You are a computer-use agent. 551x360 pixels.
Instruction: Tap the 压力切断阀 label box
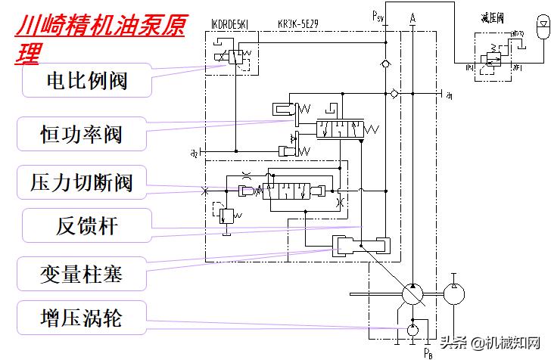[81, 182]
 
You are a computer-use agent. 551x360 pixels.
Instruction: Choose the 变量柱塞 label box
[81, 273]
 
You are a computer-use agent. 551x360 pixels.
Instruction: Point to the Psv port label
[379, 15]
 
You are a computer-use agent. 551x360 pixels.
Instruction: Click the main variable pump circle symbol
[413, 293]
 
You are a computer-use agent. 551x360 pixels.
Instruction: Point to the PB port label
[428, 353]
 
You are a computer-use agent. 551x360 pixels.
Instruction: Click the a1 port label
[450, 96]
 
